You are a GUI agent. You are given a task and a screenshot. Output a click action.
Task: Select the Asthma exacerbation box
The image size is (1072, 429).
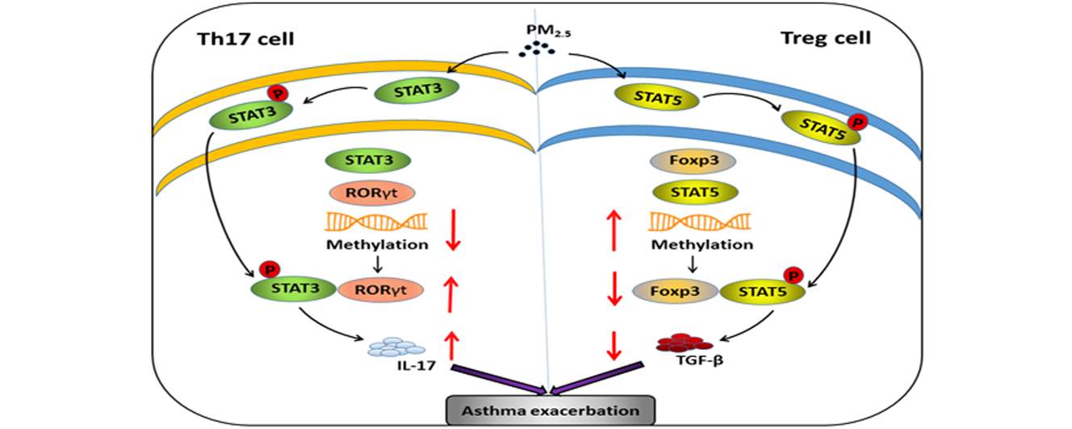tap(549, 410)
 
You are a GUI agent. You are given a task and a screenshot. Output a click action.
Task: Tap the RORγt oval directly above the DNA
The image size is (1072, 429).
tap(371, 192)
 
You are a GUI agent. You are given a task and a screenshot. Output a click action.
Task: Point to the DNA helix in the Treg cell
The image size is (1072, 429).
tap(697, 221)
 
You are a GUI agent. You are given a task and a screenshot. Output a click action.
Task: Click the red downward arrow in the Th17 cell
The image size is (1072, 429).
tap(454, 229)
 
